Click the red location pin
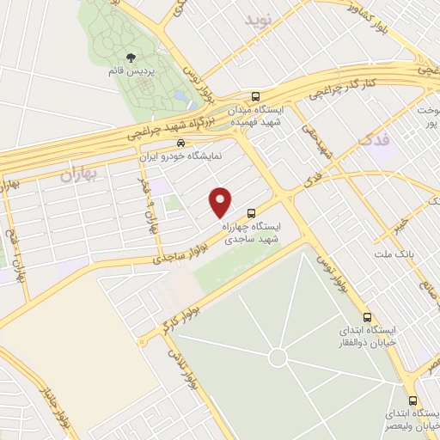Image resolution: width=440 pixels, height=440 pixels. tap(221, 201)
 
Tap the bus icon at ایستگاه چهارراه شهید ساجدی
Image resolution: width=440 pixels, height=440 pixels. tap(251, 212)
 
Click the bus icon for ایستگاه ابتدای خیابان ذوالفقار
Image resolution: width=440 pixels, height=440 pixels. tap(368, 316)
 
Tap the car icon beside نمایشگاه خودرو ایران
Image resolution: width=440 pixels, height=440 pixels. tap(180, 143)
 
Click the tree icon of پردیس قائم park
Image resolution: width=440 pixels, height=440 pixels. tap(130, 58)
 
